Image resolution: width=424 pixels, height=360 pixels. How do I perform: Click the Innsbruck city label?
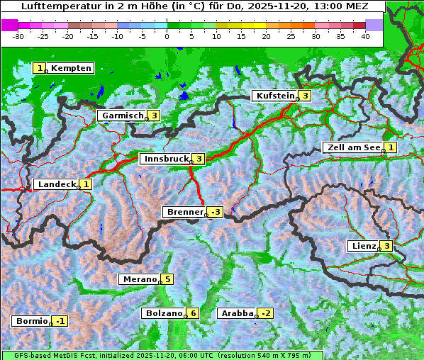pyautogui.click(x=164, y=159)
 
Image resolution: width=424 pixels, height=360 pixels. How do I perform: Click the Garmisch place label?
pyautogui.click(x=122, y=116)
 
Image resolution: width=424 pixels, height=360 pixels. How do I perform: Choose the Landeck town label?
pyautogui.click(x=56, y=184)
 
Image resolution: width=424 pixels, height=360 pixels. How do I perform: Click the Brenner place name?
pyautogui.click(x=184, y=212)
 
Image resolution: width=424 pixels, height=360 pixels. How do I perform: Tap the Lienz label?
pyautogui.click(x=363, y=246)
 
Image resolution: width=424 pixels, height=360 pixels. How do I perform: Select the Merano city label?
pyautogui.click(x=139, y=279)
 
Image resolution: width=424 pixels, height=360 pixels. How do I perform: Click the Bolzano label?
pyautogui.click(x=164, y=313)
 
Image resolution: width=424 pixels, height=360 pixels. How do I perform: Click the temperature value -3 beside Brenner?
pyautogui.click(x=215, y=212)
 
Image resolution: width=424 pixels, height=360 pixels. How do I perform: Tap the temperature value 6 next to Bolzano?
pyautogui.click(x=193, y=313)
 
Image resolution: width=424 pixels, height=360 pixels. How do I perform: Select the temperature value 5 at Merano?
pyautogui.click(x=167, y=279)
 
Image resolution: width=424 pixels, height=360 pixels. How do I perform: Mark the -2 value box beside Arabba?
pyautogui.click(x=265, y=313)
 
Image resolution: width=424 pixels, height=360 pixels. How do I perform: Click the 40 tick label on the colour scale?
pyautogui.click(x=364, y=36)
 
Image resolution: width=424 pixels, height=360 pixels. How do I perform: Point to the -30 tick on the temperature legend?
pyautogui.click(x=18, y=36)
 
